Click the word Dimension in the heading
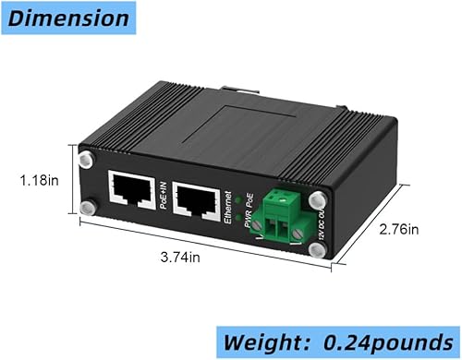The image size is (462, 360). coord(66,18)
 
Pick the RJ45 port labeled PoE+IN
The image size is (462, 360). coord(131,191)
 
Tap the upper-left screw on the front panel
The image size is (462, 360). coord(86,162)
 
